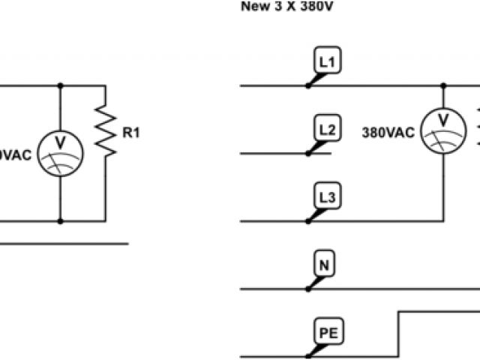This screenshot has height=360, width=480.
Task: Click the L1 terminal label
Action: [x=327, y=62]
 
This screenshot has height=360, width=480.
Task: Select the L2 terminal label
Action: [x=327, y=130]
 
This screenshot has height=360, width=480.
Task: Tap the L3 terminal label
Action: [x=327, y=197]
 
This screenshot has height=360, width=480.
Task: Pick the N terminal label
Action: [x=324, y=265]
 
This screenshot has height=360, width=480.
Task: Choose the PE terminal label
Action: [x=326, y=331]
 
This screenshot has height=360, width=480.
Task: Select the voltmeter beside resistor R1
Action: [x=60, y=153]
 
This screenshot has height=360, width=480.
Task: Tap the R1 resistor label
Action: [x=131, y=133]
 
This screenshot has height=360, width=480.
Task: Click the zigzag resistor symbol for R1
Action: [x=106, y=131]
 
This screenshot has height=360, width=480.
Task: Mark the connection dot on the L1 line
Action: [x=308, y=85]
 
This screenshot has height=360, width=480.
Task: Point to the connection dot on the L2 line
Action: [x=308, y=153]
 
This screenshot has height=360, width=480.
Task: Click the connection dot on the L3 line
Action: [x=308, y=221]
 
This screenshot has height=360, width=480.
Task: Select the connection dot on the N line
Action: [x=308, y=288]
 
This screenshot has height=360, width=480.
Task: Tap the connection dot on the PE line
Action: [x=308, y=355]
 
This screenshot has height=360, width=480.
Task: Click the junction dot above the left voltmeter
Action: [x=60, y=85]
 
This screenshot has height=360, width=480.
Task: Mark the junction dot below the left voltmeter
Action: [x=60, y=221]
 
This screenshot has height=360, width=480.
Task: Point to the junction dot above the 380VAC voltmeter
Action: [x=442, y=85]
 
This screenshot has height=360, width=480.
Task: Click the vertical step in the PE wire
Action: [x=398, y=333]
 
